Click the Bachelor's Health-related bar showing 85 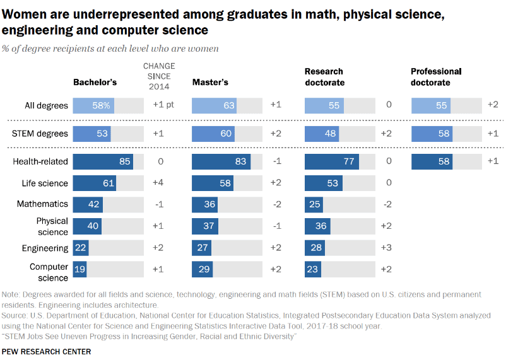coord(102,161)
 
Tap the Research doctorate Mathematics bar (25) coord(314,204)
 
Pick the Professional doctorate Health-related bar coord(432,161)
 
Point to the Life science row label coord(45,183)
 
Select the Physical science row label coord(52,226)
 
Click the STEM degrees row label coord(40,134)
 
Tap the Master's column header coord(210,82)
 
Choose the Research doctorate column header coord(324,77)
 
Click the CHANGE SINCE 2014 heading coord(159,76)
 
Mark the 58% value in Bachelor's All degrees coord(102,106)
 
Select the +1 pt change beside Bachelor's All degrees coord(163,105)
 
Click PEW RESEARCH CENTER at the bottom coord(47,351)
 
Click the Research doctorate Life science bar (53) coord(324,183)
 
